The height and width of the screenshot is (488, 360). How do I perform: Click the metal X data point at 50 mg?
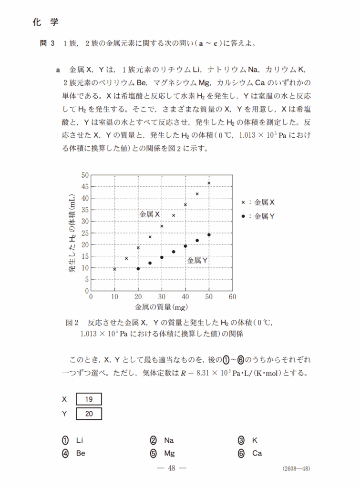pos(209,183)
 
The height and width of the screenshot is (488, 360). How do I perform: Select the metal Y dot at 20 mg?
pos(138,268)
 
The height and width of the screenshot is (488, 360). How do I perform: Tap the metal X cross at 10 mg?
pos(114,269)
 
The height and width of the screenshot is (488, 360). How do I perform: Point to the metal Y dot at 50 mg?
pos(209,234)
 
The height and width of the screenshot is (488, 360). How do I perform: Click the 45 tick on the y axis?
pos(85,186)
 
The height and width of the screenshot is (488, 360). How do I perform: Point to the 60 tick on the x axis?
pos(232,296)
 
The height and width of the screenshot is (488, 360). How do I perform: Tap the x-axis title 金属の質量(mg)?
pos(161,306)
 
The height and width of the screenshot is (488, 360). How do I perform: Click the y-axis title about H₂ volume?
pos(72,233)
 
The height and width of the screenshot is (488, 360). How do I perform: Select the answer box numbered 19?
pos(89,399)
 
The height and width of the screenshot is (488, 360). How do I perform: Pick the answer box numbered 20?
pos(89,414)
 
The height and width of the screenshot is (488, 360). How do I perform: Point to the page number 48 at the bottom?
pos(172,468)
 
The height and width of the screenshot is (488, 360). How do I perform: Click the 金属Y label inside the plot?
pos(197,261)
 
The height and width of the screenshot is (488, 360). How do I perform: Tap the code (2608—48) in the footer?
pos(296,468)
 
